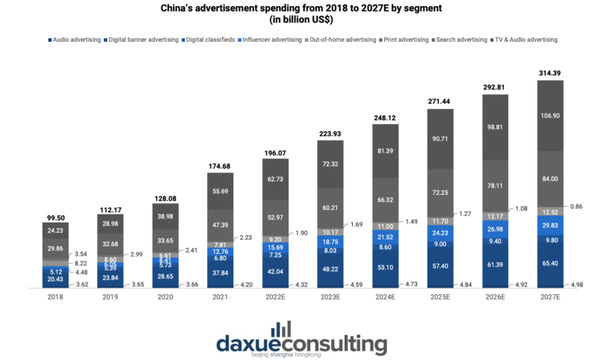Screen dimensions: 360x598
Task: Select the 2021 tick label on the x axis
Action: pos(220,297)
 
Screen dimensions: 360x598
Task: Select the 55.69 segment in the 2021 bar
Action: pos(220,192)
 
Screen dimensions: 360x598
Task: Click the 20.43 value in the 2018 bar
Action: pos(55,279)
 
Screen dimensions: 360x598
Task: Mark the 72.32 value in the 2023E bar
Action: pos(330,163)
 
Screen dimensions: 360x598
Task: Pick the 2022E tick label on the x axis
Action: pos(274,297)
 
